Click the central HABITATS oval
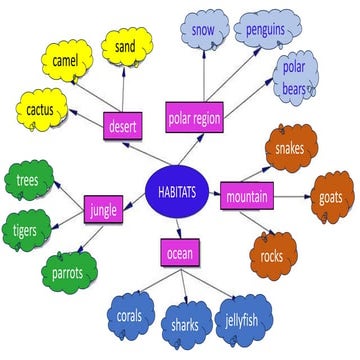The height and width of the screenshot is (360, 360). (177, 191)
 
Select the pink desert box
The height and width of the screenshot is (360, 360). (126, 127)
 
